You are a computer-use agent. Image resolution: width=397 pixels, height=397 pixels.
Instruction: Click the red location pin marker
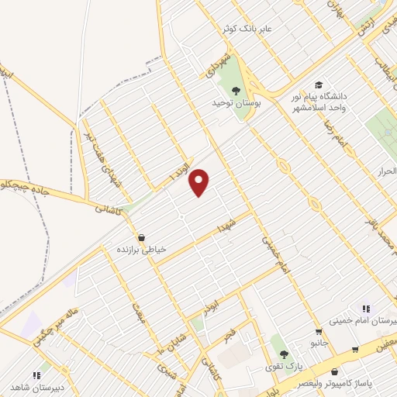(x=200, y=181)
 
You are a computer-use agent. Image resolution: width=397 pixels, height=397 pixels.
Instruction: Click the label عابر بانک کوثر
(x=247, y=29)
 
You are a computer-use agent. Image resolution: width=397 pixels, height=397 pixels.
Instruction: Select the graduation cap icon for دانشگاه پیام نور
(x=318, y=85)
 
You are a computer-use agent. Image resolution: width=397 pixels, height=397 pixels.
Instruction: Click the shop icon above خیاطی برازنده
(x=141, y=237)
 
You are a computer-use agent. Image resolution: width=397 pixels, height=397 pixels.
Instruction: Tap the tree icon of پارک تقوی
(x=284, y=353)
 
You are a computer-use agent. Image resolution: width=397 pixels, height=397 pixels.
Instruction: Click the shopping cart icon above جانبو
(x=319, y=332)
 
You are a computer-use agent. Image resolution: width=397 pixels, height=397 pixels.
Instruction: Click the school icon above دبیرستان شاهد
(x=36, y=375)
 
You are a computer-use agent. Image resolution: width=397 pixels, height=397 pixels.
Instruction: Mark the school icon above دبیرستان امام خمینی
(x=365, y=309)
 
